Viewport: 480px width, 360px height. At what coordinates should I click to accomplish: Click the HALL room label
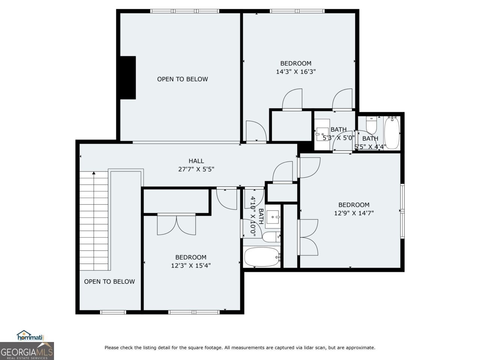[196, 161]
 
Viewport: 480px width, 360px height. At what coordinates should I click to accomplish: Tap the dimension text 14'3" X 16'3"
[296, 72]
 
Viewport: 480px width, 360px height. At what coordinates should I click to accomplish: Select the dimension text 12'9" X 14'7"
[354, 213]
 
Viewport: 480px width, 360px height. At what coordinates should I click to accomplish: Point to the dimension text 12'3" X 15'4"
[191, 265]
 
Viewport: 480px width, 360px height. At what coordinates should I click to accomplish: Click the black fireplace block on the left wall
[127, 78]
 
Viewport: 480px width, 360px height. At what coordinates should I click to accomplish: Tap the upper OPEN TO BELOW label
[182, 79]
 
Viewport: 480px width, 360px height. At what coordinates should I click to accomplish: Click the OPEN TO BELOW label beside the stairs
[109, 282]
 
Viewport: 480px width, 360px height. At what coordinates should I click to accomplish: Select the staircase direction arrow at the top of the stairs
[94, 173]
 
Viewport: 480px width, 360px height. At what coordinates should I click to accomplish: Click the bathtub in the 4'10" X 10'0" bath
[261, 257]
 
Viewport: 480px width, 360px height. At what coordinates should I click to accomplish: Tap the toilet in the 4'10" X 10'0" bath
[270, 237]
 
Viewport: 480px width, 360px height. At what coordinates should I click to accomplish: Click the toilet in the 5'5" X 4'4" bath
[371, 126]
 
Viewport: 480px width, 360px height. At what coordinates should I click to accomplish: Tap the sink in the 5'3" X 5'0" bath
[322, 132]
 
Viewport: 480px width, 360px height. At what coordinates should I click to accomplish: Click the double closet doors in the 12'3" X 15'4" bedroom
[176, 224]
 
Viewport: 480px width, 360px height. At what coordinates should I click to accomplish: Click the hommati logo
[31, 336]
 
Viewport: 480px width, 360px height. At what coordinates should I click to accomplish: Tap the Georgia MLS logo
[27, 351]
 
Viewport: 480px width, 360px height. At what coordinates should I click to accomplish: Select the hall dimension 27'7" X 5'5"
[196, 169]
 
